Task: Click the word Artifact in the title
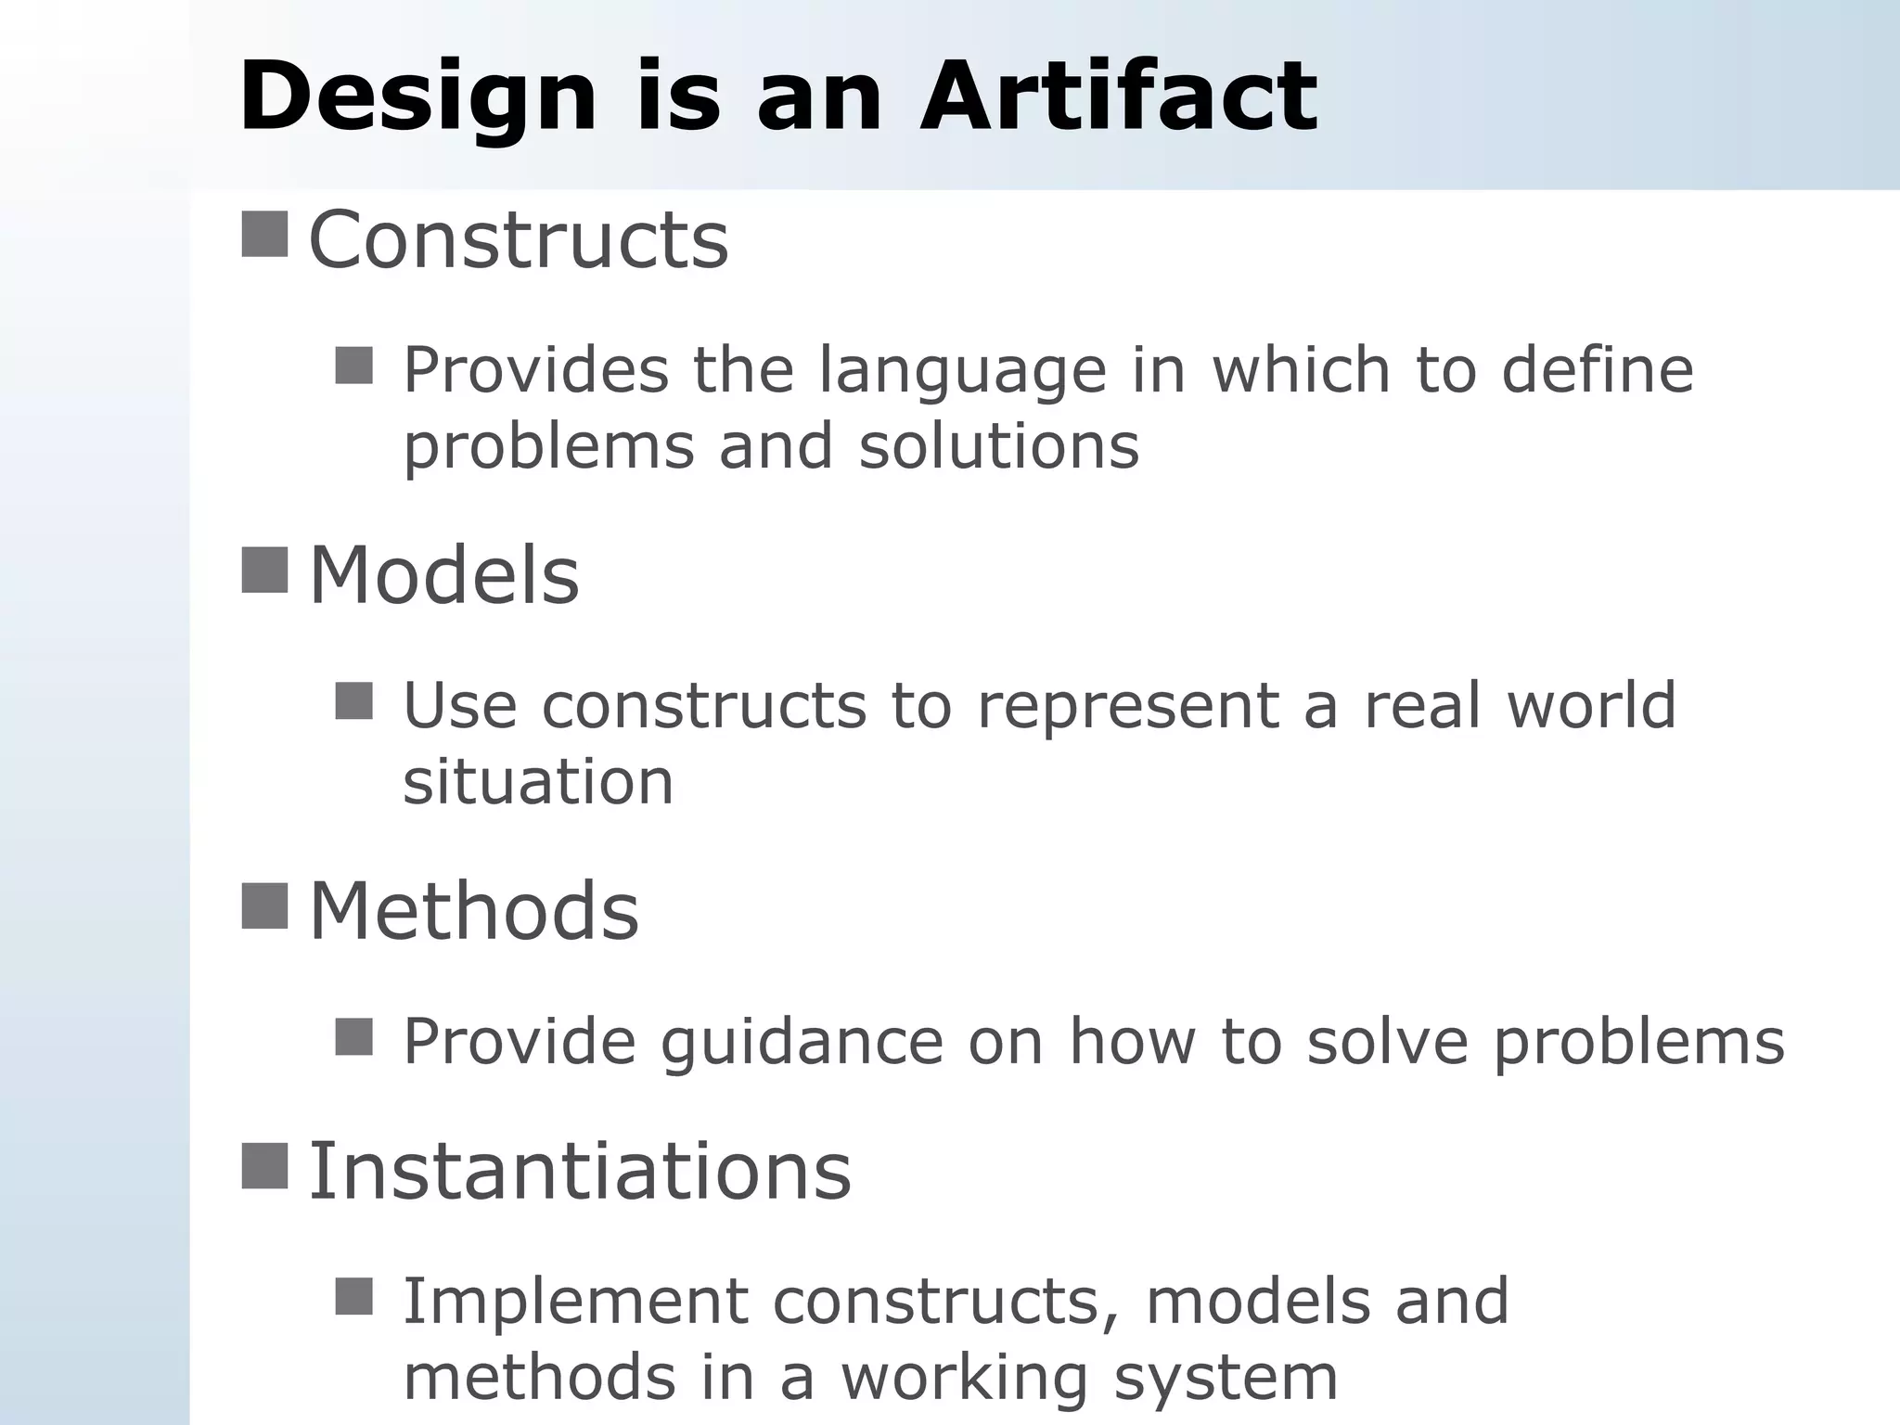click(x=1118, y=96)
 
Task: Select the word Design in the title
click(x=417, y=97)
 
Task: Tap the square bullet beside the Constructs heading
click(x=264, y=234)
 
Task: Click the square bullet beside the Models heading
click(x=264, y=570)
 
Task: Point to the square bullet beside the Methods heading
click(x=264, y=905)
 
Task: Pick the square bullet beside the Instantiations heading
click(x=264, y=1166)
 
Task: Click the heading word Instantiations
click(x=579, y=1171)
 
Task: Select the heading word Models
click(x=443, y=575)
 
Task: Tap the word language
click(x=963, y=371)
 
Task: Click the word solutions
click(x=998, y=446)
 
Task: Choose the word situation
click(x=538, y=781)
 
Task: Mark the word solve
click(x=1387, y=1041)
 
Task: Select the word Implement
click(x=575, y=1302)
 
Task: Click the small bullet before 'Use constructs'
click(x=353, y=701)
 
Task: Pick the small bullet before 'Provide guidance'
click(x=353, y=1037)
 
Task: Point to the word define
click(x=1598, y=370)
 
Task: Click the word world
click(x=1591, y=706)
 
